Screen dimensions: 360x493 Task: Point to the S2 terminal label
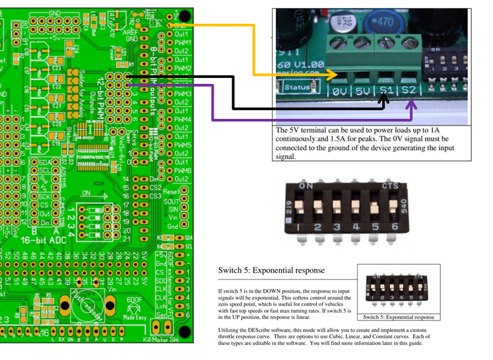coord(409,89)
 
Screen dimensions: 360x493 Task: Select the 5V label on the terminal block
coord(362,89)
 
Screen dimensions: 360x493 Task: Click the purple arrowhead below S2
coord(414,102)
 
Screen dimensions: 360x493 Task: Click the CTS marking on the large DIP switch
coord(389,186)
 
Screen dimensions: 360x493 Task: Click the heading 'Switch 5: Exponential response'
coord(271,270)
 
